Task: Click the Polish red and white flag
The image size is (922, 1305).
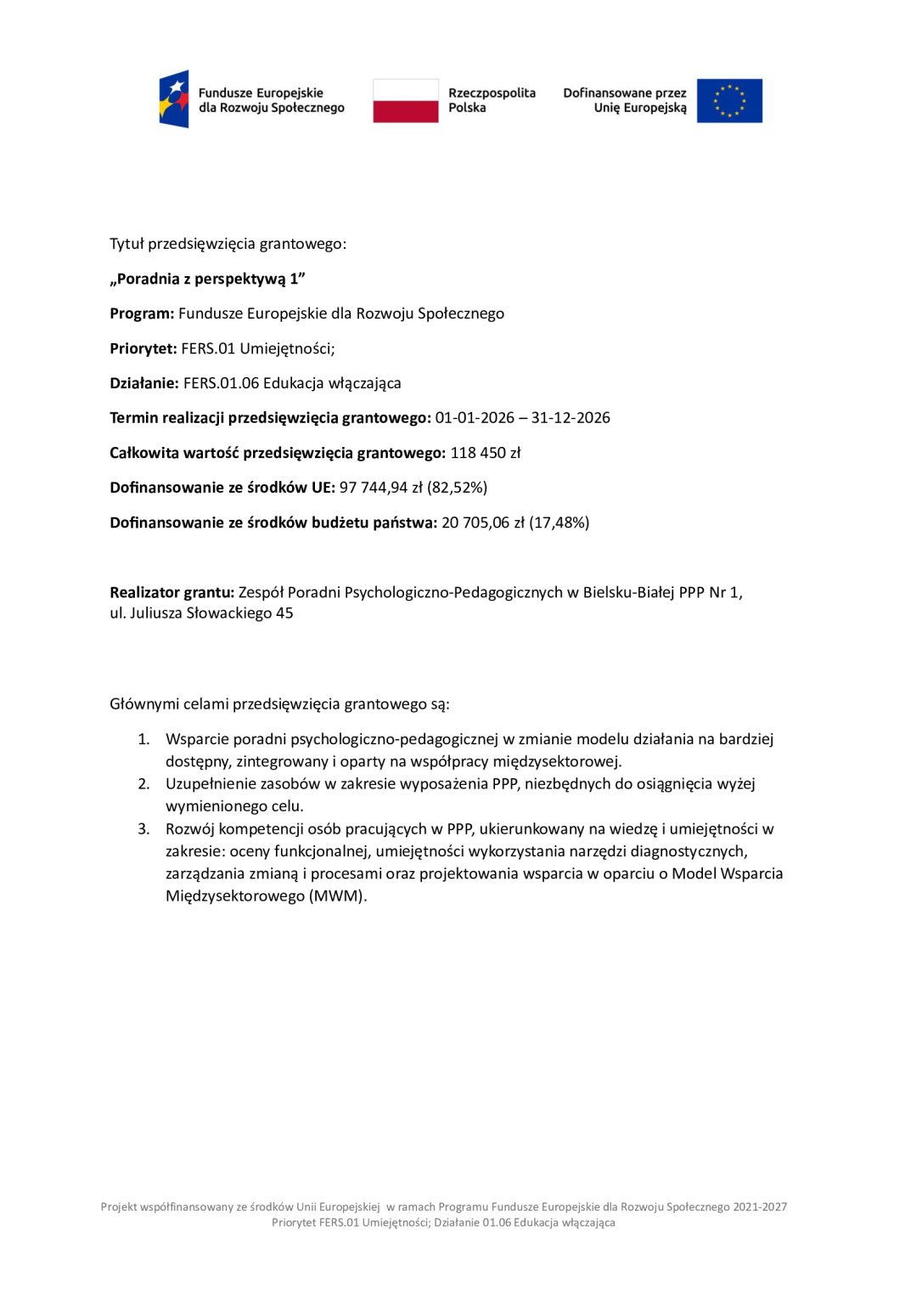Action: point(406,100)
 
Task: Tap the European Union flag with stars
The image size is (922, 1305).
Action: point(729,100)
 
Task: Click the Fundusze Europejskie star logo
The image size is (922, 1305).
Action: point(174,99)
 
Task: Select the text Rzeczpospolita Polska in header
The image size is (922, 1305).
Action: point(492,100)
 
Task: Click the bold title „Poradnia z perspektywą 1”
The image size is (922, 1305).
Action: point(207,279)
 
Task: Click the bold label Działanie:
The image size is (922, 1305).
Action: point(144,383)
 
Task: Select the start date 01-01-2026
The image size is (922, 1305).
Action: point(475,418)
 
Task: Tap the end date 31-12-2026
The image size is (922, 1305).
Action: point(571,418)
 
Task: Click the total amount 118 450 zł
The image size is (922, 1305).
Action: point(485,453)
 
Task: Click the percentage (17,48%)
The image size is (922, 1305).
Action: point(559,523)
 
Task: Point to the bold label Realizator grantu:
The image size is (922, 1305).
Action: point(171,592)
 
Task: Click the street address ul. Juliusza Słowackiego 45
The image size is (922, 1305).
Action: point(201,613)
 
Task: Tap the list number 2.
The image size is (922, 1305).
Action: point(143,784)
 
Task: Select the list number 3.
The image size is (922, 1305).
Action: point(143,829)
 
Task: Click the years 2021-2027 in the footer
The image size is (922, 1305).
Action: point(760,1206)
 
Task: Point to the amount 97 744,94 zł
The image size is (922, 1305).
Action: point(380,488)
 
